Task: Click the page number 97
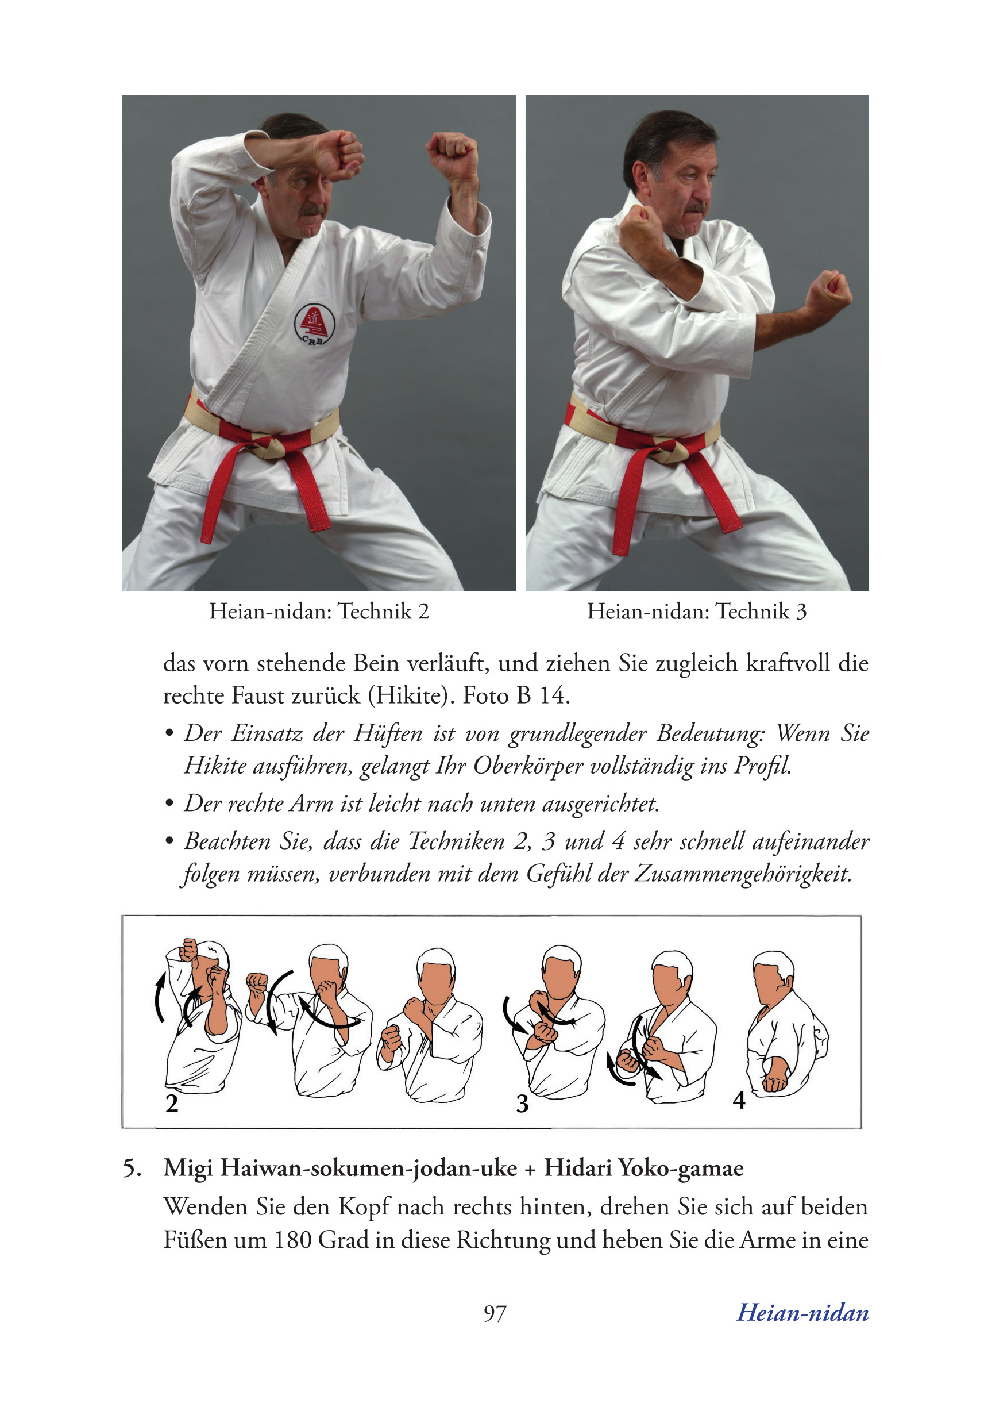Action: [x=495, y=1313]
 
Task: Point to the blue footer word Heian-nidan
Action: [x=802, y=1313]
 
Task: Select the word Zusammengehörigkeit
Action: [x=743, y=874]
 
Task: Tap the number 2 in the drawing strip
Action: [x=172, y=1104]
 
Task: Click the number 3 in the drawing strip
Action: [x=522, y=1104]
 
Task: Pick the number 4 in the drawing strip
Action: [x=739, y=1100]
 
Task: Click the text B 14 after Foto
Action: [x=543, y=695]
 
